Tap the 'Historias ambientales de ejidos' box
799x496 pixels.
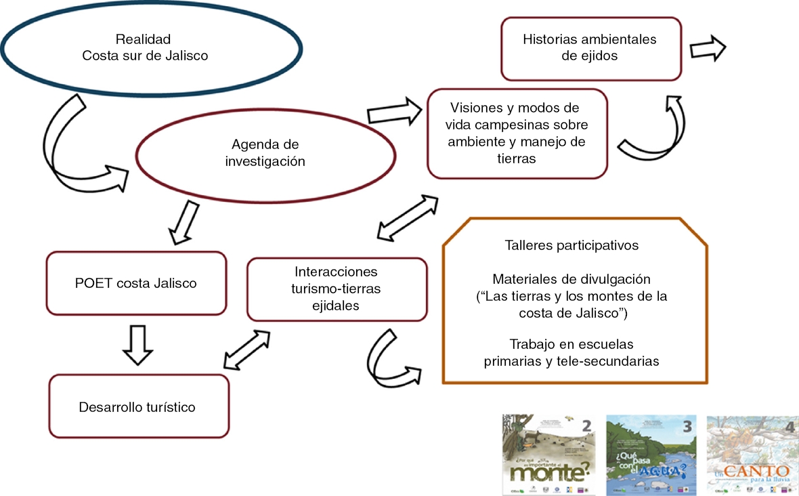click(x=590, y=47)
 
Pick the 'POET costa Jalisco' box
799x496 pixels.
click(x=136, y=283)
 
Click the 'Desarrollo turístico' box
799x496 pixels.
click(x=137, y=407)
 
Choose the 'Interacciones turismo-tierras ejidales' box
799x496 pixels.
click(x=337, y=289)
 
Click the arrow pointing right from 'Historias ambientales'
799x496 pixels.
click(x=707, y=49)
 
